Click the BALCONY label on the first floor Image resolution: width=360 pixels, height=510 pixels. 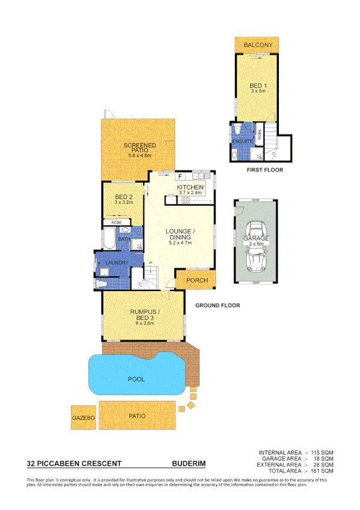(258, 45)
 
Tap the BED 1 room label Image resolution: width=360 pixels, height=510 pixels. (258, 87)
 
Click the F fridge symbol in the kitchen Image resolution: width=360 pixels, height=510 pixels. (179, 177)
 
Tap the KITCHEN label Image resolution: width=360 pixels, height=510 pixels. (191, 188)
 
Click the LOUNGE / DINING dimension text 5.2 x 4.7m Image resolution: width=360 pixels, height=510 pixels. (180, 243)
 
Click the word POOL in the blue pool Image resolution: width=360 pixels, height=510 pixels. (136, 379)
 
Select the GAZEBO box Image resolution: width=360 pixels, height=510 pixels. (84, 417)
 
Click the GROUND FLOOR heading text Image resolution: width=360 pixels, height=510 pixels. (218, 306)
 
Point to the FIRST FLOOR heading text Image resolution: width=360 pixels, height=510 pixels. (264, 170)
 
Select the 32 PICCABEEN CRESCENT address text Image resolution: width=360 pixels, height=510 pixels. (75, 464)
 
